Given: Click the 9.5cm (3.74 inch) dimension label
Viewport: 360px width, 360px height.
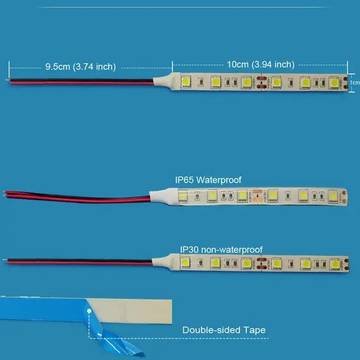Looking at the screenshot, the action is pos(81,67).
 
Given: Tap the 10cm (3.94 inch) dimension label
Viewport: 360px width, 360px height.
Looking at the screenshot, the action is pos(261,64).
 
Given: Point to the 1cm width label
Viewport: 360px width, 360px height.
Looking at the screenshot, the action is pos(355,83).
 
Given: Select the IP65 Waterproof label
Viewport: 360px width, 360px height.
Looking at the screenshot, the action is pos(208,180).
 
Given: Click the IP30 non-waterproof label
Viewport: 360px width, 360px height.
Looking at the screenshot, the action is pos(221,249).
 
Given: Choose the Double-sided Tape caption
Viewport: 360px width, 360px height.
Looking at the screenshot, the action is pos(224,330).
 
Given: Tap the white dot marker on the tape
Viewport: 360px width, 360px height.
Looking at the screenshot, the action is pos(89,311).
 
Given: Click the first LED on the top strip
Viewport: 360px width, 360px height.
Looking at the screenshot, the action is pos(186,82).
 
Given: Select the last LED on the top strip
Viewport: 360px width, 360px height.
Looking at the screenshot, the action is pos(334,83).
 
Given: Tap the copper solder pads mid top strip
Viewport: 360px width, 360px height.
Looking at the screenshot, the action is pos(261,82).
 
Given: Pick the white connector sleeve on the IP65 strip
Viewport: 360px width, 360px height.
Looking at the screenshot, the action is pos(164,196).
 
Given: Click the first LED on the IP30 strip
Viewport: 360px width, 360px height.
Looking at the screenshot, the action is pos(185,263).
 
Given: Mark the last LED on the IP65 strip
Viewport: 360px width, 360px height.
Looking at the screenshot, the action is pos(333,196).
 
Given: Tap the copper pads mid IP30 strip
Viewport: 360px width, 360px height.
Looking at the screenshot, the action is pos(261,263).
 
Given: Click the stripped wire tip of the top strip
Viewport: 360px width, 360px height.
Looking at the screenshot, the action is pos(8,80).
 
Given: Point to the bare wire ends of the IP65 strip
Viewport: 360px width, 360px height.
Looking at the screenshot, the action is pos(4,193).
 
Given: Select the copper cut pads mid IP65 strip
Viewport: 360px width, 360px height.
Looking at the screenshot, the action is pos(257,196).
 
